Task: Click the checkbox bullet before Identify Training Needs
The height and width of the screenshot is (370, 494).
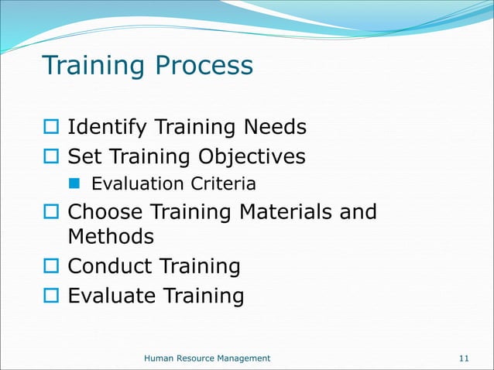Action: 51,127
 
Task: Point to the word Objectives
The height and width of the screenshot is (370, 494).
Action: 252,157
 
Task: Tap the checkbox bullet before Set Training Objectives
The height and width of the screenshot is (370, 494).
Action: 51,158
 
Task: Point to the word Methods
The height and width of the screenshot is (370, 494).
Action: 111,235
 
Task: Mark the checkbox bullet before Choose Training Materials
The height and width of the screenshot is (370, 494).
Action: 51,213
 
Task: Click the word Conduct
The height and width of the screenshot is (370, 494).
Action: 111,266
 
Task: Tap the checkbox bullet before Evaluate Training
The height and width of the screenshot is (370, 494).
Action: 51,297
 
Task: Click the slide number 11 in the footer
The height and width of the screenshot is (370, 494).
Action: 465,358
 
